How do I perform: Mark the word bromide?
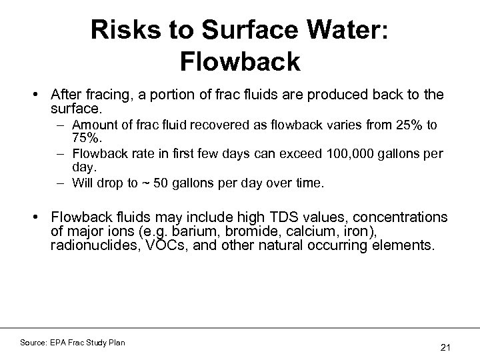pos(224,231)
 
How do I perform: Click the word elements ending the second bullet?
pos(408,245)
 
